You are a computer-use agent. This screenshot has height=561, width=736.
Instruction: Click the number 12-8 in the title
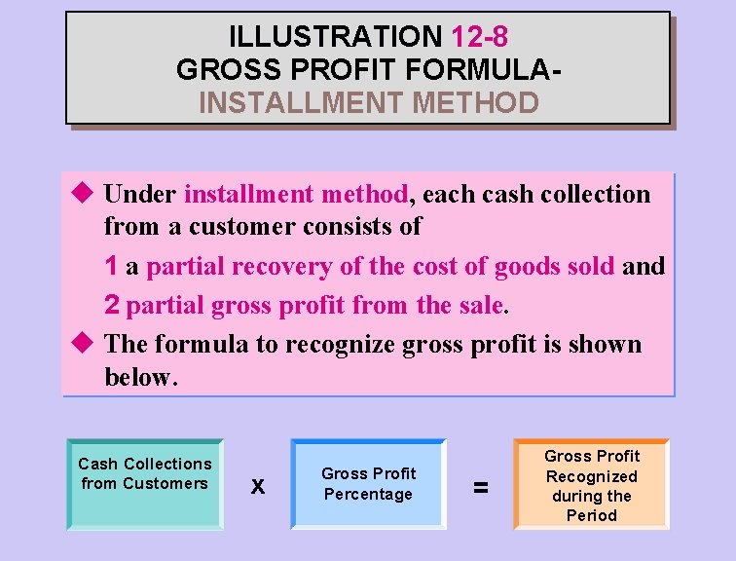480,37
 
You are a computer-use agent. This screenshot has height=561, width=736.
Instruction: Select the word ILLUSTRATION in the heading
335,37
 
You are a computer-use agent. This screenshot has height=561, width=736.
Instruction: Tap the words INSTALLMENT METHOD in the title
368,102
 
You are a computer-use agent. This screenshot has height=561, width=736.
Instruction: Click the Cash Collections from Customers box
145,484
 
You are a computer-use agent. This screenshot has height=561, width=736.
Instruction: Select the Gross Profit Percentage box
368,484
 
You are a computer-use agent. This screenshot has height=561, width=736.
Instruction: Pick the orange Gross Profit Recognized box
591,484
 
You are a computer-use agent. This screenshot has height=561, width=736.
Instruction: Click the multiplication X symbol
257,485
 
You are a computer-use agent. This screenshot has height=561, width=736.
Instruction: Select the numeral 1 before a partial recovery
112,266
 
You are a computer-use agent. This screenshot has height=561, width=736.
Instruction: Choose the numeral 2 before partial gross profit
112,305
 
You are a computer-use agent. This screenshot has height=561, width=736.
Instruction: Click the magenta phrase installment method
295,194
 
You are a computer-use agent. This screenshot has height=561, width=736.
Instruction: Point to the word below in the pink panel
139,378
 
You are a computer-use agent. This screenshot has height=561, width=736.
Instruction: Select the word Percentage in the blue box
368,494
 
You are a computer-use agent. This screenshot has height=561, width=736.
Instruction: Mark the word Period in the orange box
591,515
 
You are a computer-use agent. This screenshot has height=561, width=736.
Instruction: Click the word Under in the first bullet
140,194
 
